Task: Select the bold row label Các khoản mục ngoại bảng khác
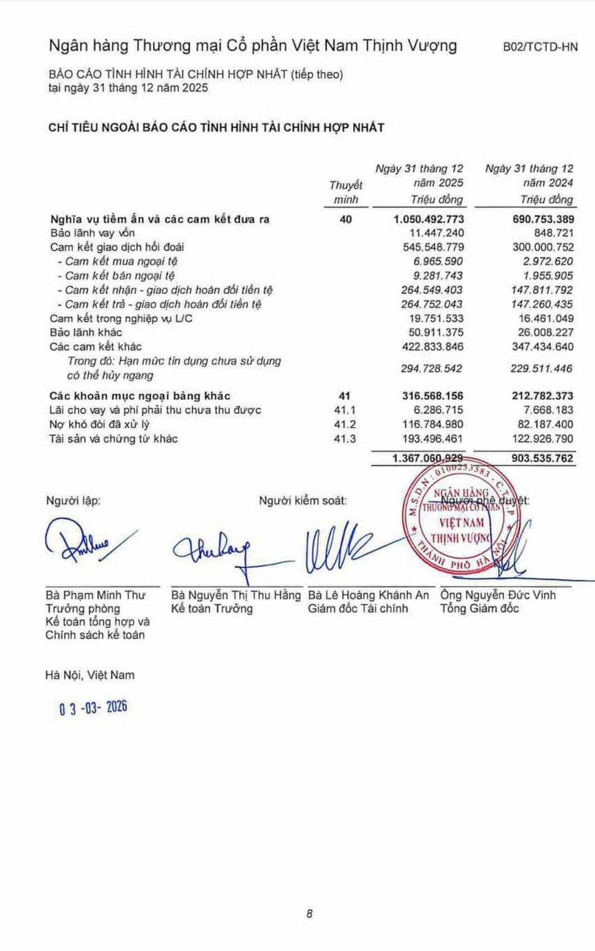click(140, 395)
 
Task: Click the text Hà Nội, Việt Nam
click(90, 675)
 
